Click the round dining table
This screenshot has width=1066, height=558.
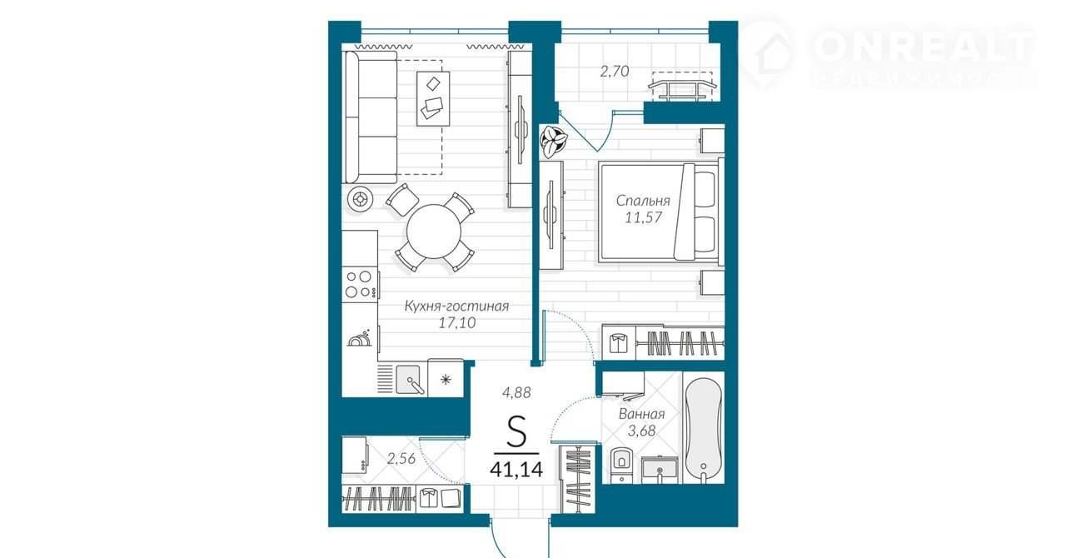coord(434,232)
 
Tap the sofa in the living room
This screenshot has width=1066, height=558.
coord(371,117)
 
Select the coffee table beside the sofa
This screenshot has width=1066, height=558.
coord(433,98)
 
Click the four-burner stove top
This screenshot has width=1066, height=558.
coord(359,284)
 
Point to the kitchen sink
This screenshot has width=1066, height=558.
coord(408,379)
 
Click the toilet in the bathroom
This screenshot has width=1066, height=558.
coord(621,464)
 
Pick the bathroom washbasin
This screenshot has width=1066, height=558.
coord(659,470)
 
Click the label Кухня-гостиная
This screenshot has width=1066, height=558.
coord(456,306)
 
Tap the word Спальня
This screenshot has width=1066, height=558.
coord(643,201)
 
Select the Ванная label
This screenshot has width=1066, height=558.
coord(641,414)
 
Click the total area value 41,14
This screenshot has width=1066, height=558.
coord(516,470)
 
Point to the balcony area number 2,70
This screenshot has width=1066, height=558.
coord(615,72)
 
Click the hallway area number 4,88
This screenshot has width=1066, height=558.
coord(516,393)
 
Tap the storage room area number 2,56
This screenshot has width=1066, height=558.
coord(401,459)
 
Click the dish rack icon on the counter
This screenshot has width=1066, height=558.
coord(359,338)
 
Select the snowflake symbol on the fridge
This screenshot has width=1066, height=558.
coord(446,380)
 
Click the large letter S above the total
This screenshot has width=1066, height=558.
coord(516,431)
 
